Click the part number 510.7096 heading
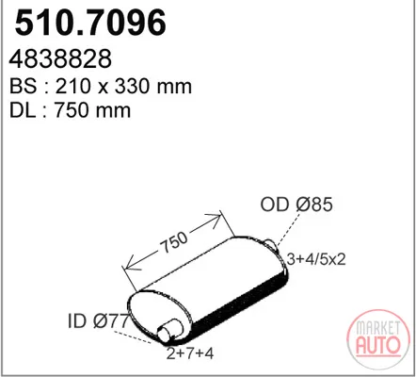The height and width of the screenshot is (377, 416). pyautogui.click(x=90, y=23)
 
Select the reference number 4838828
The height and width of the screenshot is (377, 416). pyautogui.click(x=60, y=58)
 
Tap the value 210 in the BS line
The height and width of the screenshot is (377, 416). pyautogui.click(x=72, y=86)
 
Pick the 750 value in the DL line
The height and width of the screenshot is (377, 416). pyautogui.click(x=72, y=110)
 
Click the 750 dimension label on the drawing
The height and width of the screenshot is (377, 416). pyautogui.click(x=173, y=242)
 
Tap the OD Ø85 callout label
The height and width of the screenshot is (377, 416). pyautogui.click(x=296, y=205)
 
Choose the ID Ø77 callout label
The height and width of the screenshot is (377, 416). pyautogui.click(x=98, y=321)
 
